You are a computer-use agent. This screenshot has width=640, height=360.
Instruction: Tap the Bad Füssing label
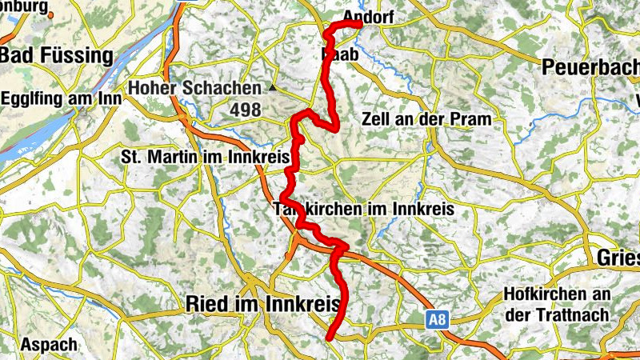tap(58, 55)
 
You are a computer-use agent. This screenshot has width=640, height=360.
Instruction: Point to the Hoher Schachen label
tap(195, 88)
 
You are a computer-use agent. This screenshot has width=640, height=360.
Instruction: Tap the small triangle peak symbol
tap(272, 87)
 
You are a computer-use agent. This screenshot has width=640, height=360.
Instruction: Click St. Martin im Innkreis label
tap(205, 158)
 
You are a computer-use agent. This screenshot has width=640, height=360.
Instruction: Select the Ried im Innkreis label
tap(262, 304)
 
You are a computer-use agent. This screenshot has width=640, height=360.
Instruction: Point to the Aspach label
tap(50, 345)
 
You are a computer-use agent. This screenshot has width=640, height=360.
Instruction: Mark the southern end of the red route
tap(330, 338)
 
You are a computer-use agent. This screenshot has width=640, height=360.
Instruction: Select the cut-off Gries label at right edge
tap(618, 258)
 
